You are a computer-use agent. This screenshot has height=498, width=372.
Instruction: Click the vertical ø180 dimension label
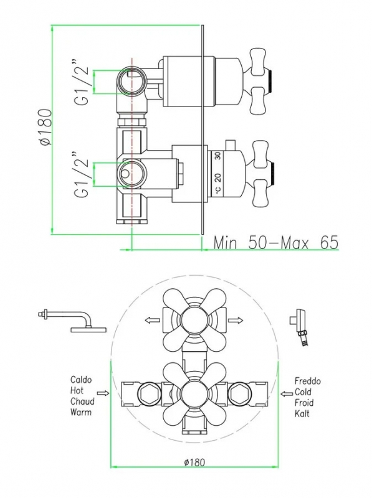(x=45, y=127)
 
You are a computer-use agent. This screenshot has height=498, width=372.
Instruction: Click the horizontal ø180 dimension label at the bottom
(x=194, y=462)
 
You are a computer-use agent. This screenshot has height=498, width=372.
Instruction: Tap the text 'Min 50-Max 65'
(x=275, y=243)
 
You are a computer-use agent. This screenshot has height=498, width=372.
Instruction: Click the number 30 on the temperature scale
(x=217, y=156)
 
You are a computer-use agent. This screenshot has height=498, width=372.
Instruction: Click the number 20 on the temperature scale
(x=217, y=177)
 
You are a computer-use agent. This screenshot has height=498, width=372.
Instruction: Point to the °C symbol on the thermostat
(x=218, y=189)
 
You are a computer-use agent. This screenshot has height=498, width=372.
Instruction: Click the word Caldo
(x=81, y=380)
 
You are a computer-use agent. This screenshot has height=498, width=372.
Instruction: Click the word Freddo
(x=307, y=381)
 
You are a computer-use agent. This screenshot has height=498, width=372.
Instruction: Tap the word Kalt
(x=302, y=413)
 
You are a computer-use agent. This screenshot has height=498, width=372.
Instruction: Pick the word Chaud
(x=82, y=402)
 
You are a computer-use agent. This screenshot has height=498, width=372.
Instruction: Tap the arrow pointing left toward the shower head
(x=152, y=321)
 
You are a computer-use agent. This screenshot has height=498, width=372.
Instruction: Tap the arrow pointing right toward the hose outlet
(x=236, y=321)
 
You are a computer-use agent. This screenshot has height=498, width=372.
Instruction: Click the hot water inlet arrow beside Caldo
(x=103, y=393)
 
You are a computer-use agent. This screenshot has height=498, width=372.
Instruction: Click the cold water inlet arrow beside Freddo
(x=287, y=394)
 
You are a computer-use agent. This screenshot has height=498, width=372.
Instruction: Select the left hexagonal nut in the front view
(x=148, y=393)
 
